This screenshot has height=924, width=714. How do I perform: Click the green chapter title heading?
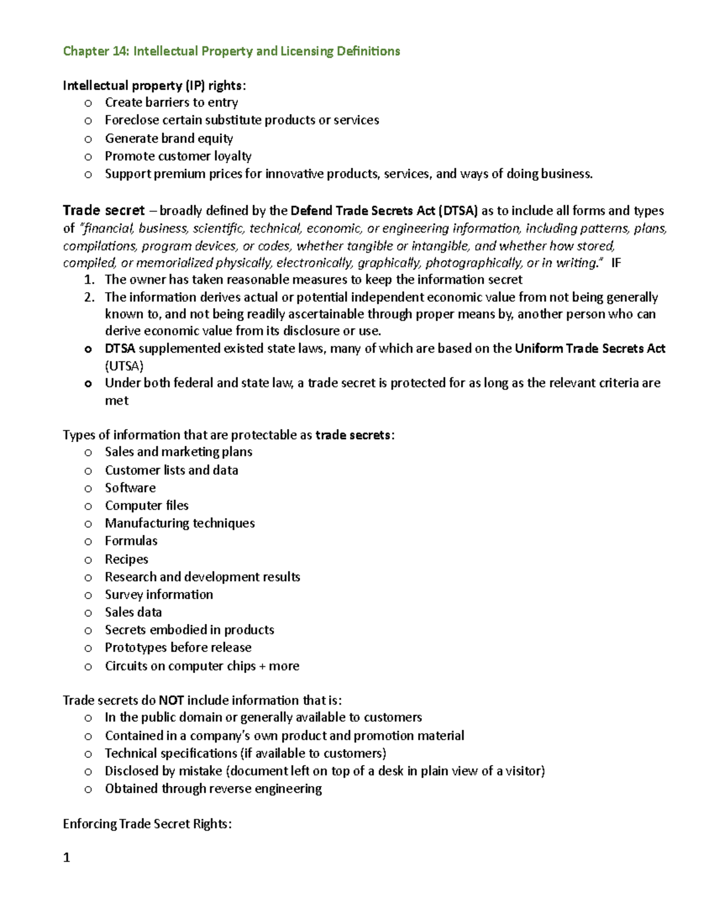(231, 51)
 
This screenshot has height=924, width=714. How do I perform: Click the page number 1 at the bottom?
(67, 857)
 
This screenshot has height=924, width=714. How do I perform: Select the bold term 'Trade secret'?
(104, 211)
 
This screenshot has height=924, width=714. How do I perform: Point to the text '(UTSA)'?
(124, 366)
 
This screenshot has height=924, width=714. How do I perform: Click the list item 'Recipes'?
(126, 559)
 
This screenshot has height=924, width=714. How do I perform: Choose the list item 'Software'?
(130, 488)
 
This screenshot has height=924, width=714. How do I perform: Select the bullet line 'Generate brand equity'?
(169, 139)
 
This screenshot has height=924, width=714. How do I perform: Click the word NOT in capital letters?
(171, 700)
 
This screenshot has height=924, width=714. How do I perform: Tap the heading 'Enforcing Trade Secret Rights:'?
(147, 824)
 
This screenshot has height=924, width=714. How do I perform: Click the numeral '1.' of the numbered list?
(89, 280)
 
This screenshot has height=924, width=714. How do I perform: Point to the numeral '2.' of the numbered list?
(89, 297)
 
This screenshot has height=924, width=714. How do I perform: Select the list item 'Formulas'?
(131, 541)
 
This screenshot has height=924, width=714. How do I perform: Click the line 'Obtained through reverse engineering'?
(213, 789)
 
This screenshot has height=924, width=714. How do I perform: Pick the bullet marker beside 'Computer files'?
(88, 506)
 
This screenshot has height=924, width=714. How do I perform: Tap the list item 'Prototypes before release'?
(178, 647)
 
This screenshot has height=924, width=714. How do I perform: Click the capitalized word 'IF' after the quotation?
(616, 263)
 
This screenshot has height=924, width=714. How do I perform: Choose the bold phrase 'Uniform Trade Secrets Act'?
(590, 349)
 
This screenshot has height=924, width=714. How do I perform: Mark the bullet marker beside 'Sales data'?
(88, 613)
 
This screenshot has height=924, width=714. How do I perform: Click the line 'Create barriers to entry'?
(171, 103)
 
